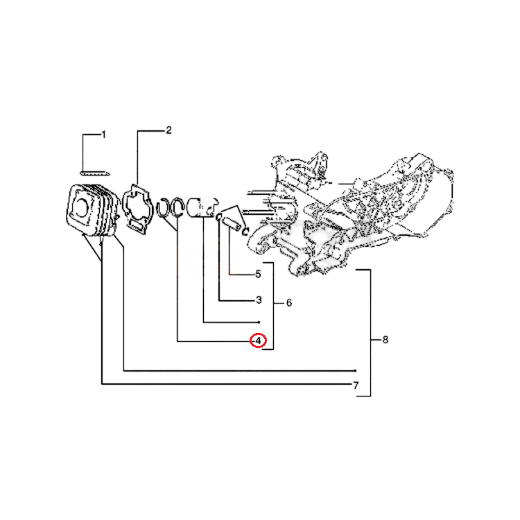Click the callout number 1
pyautogui.click(x=104, y=135)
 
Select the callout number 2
pyautogui.click(x=168, y=130)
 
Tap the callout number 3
pyautogui.click(x=259, y=300)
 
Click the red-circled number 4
pyautogui.click(x=259, y=340)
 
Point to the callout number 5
pyautogui.click(x=258, y=275)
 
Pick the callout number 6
pyautogui.click(x=289, y=303)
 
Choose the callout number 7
pyautogui.click(x=356, y=385)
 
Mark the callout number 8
pyautogui.click(x=385, y=340)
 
